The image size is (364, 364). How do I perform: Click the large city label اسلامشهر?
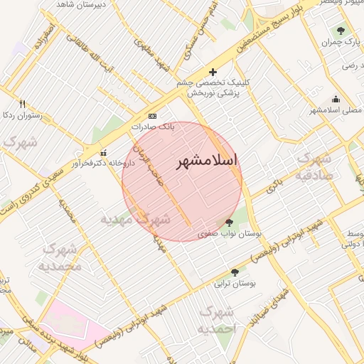(207, 162)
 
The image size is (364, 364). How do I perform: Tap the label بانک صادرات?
(152, 127)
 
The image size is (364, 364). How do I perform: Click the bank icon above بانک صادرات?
(152, 116)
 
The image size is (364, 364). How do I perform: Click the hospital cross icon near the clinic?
(213, 72)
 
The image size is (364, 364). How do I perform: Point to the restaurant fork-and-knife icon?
(23, 103)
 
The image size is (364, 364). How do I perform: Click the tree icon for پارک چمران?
(341, 31)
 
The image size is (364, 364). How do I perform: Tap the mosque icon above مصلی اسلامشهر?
(336, 100)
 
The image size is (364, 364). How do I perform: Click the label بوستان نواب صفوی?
(232, 233)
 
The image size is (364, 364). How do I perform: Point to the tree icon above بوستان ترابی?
(235, 272)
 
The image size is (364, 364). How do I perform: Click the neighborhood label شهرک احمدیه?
(215, 320)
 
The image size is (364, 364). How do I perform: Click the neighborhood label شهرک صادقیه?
(314, 166)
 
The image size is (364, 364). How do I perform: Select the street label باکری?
(275, 188)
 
